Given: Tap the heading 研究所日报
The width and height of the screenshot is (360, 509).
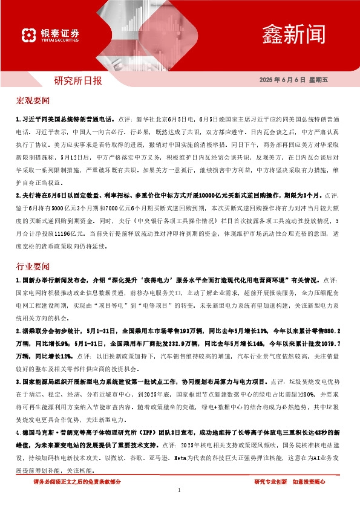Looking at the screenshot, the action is [78, 80].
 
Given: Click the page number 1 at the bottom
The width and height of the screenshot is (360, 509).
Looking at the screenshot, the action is [180, 490].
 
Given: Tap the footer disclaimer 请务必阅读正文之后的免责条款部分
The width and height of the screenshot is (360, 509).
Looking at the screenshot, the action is [77, 482].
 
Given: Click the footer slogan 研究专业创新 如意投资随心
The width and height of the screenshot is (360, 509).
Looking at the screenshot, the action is [290, 482].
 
